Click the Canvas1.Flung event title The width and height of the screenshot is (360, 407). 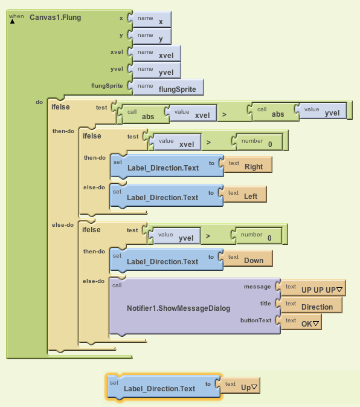[x=55, y=18]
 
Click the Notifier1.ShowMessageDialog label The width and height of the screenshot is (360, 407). [x=179, y=308]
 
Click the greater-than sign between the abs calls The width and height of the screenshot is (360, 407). [x=224, y=114]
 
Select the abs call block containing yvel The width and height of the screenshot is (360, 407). [x=297, y=112]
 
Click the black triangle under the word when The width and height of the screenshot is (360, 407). [x=13, y=22]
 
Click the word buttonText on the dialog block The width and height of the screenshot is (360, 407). [x=256, y=321]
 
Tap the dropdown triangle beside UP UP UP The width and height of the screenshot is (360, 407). [x=339, y=290]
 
